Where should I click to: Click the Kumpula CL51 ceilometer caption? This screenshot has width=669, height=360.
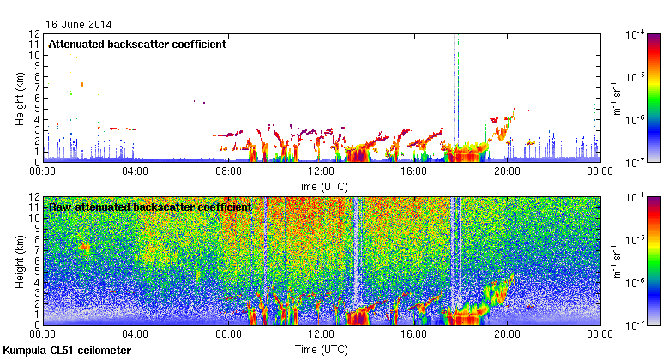point(67,351)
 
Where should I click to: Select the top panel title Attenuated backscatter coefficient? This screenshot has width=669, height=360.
point(137,45)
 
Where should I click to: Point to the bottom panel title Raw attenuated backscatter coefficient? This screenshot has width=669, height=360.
point(150,207)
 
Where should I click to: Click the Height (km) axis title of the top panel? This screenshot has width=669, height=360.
point(19,98)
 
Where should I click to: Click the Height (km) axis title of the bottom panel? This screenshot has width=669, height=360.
point(19,261)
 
